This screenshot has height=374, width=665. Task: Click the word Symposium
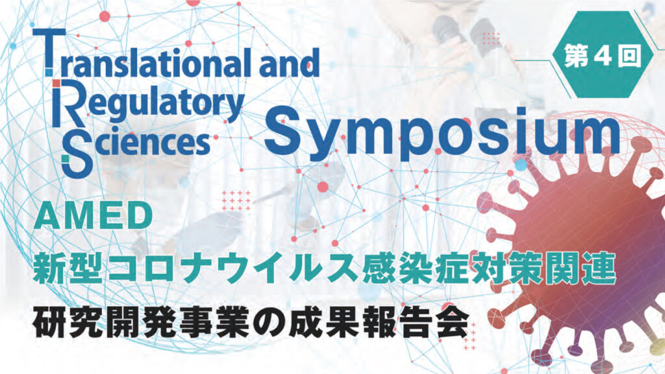pos(442,133)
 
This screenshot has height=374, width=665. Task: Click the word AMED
pos(94,216)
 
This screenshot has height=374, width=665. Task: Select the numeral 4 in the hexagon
pos(602,55)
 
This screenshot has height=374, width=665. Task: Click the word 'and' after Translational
pos(290,63)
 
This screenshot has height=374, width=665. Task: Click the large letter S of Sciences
pos(77,155)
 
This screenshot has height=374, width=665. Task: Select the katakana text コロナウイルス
pos(233,267)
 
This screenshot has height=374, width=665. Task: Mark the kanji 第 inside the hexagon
pos(576,55)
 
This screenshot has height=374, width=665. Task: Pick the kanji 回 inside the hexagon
pos(629,55)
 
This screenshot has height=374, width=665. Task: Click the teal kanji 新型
pos(69,267)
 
